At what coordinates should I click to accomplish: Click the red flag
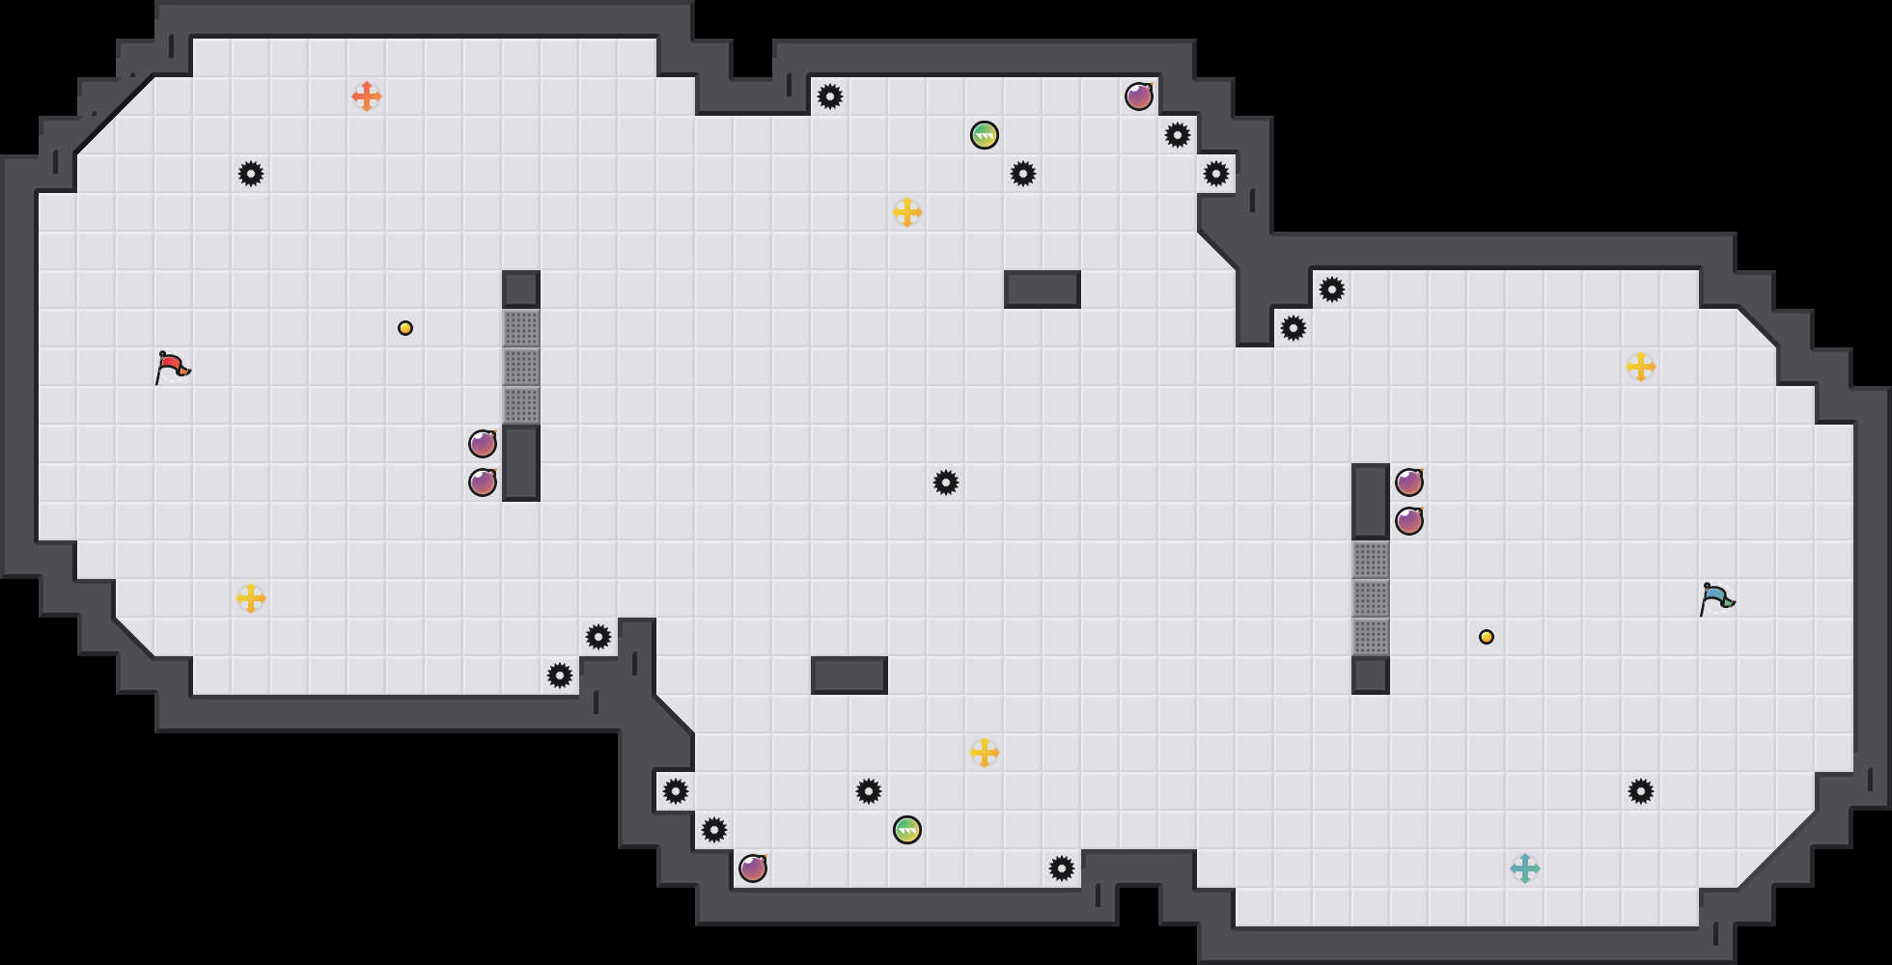coord(172,367)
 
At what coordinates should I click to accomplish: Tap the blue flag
coord(1716,598)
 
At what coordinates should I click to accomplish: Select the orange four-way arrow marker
coord(367,96)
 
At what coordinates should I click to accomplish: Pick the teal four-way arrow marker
coord(1525,868)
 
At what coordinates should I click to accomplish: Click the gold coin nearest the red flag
coord(405,328)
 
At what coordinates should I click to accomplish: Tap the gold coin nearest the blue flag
coord(1487,637)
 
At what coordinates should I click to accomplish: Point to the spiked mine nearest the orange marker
coord(251,174)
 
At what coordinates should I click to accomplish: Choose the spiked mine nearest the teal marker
coord(1641,791)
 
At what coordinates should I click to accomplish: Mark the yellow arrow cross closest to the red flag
coord(251,598)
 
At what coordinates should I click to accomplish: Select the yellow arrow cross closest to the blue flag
coord(1641,367)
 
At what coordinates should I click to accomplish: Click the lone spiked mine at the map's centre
coord(946,482)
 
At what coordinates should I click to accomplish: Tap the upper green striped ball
coord(985,135)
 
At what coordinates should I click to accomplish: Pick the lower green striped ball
coord(907,830)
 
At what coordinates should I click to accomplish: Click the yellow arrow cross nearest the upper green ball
coord(907,212)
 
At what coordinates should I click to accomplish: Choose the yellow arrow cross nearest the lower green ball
coord(985,753)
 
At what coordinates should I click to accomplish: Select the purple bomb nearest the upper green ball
coord(1139,96)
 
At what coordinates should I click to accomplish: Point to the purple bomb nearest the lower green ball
coord(753,868)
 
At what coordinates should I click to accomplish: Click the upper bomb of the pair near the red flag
coord(483,444)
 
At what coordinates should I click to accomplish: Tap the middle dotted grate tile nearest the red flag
coord(521,367)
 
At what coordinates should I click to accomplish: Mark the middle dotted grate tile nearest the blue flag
coord(1371,598)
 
